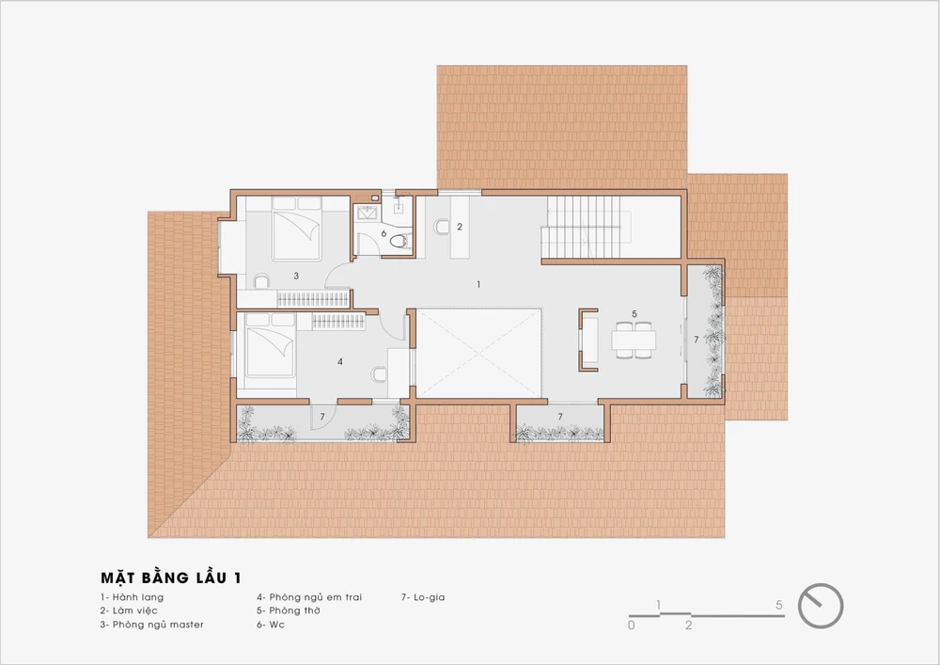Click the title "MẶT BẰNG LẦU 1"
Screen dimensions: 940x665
(x=171, y=578)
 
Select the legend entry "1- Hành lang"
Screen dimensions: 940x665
(x=132, y=597)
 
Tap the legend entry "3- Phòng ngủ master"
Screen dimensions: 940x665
(x=152, y=625)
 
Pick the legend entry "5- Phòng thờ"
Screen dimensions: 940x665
(x=289, y=610)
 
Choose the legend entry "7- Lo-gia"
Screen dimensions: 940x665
(x=423, y=597)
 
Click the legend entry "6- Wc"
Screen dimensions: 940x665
(x=271, y=625)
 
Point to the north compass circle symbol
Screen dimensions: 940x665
(x=821, y=606)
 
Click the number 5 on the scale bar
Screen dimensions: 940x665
(x=778, y=605)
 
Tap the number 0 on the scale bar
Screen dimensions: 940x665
(x=632, y=625)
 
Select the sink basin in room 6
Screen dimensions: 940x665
(x=365, y=213)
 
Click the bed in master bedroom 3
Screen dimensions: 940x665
(x=297, y=229)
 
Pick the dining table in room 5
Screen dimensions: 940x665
(x=634, y=340)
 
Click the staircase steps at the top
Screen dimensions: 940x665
(x=582, y=228)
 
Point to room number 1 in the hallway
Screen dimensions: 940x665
(x=478, y=284)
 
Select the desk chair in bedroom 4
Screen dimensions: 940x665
(x=379, y=374)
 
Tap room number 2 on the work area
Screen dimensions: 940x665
(x=460, y=227)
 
